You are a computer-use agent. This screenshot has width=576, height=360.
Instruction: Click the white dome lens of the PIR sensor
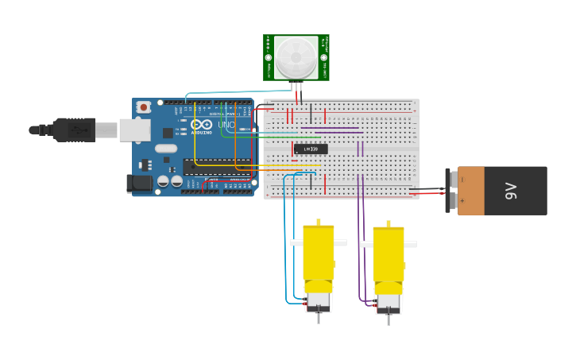click(296, 57)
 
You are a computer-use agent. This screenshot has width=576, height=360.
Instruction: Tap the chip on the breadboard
click(310, 149)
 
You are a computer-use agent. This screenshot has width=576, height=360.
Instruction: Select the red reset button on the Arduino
click(143, 106)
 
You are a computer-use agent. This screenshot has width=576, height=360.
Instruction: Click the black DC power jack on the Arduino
click(140, 184)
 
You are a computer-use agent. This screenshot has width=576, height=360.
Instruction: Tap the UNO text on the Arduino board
click(226, 125)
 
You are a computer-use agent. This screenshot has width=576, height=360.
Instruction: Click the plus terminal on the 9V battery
click(462, 201)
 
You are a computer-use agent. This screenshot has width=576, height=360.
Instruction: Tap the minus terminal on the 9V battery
click(462, 180)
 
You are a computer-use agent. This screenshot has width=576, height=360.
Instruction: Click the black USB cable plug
click(75, 130)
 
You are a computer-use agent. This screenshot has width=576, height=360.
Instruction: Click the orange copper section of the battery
click(471, 191)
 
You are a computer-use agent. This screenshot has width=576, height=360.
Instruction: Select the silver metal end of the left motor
click(319, 302)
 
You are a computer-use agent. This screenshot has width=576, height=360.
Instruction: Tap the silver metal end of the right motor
click(389, 303)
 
